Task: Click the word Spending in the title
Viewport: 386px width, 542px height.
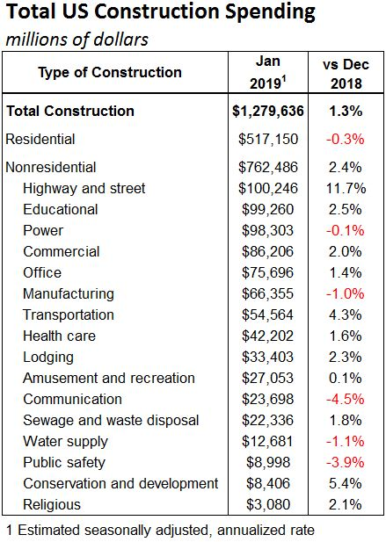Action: (270, 12)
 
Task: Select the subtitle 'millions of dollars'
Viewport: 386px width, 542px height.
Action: (77, 39)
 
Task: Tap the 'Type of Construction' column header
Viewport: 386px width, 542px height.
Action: (110, 73)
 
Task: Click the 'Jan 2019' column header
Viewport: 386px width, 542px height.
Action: (268, 73)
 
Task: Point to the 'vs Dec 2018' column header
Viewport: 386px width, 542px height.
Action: (346, 74)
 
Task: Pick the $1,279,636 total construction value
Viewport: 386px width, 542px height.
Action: (268, 111)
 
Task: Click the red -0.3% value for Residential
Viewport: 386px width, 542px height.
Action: (346, 139)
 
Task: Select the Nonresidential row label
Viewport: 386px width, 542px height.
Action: (51, 167)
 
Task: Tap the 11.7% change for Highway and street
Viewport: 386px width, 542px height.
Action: (346, 188)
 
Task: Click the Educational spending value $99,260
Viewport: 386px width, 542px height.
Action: (267, 209)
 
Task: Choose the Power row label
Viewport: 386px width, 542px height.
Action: (43, 230)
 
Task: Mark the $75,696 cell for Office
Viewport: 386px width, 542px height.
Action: (267, 272)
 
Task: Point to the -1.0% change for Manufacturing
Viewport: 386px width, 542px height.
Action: (346, 293)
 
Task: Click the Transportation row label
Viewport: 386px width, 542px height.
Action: (69, 314)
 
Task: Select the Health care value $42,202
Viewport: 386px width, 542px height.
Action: (267, 336)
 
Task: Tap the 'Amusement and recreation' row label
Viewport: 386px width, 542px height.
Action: (109, 378)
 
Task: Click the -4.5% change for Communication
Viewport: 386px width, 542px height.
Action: (346, 399)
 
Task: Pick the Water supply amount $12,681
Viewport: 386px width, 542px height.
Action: (267, 441)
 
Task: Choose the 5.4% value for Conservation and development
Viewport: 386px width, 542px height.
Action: (346, 483)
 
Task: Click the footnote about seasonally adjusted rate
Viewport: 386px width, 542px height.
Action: (161, 531)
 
